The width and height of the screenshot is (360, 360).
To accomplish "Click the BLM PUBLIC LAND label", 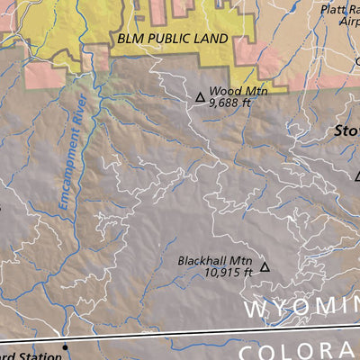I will point(173,40).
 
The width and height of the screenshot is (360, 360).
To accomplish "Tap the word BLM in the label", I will point(130,40).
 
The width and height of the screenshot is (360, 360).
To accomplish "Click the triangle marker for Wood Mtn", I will point(200,96).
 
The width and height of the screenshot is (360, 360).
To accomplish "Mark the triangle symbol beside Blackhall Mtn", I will point(265,266).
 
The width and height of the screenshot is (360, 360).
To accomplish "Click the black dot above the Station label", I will point(65,346).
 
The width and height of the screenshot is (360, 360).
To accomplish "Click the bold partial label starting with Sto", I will point(346,130).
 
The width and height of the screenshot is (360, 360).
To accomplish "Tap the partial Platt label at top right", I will point(340,10).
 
